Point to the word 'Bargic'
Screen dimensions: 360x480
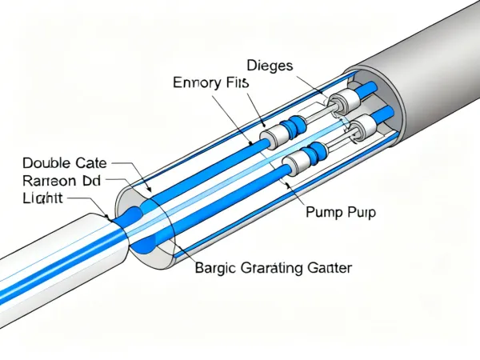[215, 269]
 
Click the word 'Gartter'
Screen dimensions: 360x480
[328, 269]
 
